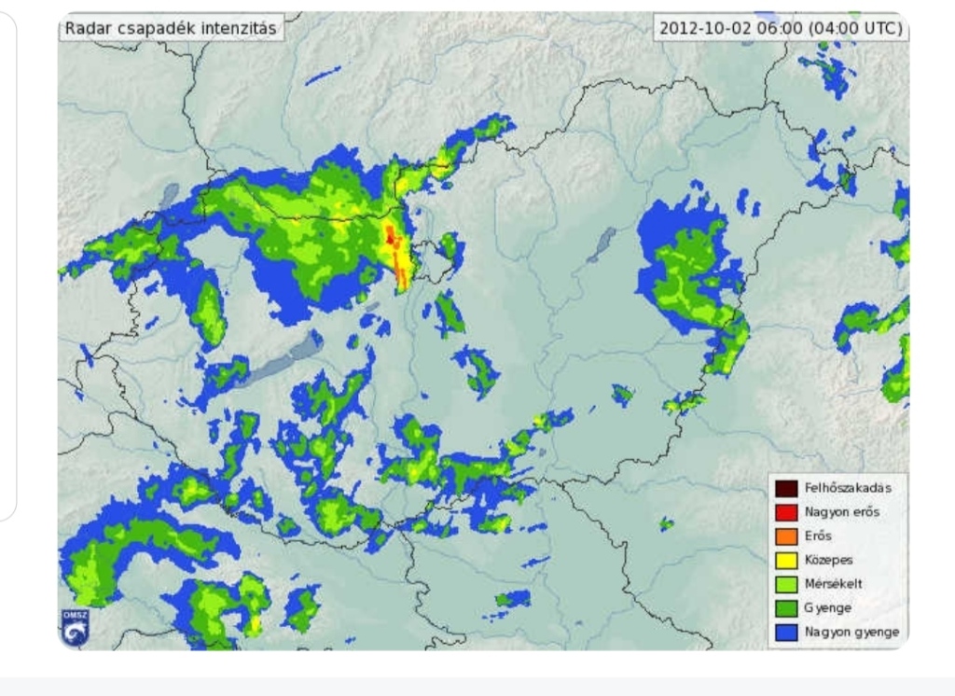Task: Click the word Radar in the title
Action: click(x=84, y=28)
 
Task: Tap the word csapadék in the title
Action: click(x=146, y=28)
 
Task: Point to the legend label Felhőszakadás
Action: click(x=848, y=488)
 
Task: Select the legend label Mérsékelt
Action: click(x=833, y=584)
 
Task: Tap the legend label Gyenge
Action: click(x=827, y=607)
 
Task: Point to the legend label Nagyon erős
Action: click(x=841, y=512)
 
